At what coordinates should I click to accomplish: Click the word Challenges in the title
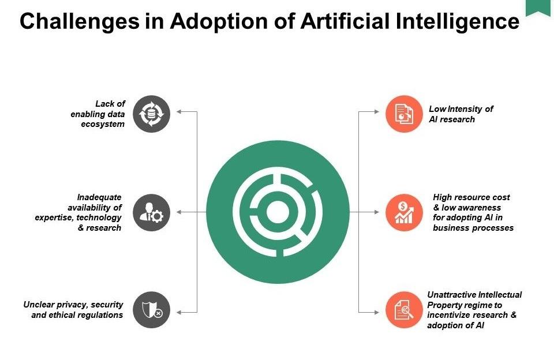click(80, 21)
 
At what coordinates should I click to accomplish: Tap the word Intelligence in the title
click(458, 21)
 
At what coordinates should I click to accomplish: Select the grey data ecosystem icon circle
click(152, 114)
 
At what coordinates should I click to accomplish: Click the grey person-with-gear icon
click(152, 212)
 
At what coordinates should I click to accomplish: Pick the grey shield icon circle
click(152, 310)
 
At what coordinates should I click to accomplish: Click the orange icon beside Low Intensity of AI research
click(404, 114)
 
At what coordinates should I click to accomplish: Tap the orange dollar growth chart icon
click(404, 212)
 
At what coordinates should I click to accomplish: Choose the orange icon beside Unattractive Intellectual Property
click(404, 310)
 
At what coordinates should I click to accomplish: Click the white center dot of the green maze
click(278, 212)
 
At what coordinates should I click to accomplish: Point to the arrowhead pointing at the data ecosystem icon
click(179, 112)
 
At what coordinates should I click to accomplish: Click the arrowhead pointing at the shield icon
click(179, 312)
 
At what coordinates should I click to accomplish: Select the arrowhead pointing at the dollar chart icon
click(377, 212)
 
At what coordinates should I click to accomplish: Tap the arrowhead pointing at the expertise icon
click(179, 212)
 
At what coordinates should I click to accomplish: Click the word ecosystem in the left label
click(103, 125)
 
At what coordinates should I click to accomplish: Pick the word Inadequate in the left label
click(99, 197)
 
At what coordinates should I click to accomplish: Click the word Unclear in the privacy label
click(39, 305)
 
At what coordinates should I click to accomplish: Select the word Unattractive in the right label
click(451, 295)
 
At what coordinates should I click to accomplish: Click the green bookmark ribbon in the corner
click(538, 7)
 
